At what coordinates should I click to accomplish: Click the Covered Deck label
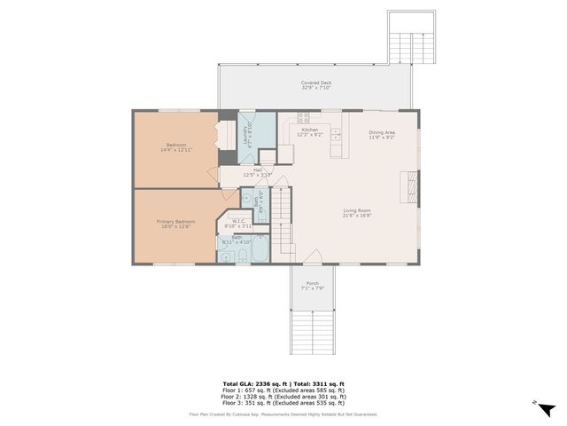[315, 83]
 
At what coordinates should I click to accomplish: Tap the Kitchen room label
[310, 130]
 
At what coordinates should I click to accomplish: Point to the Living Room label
[357, 210]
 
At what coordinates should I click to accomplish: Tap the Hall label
[258, 170]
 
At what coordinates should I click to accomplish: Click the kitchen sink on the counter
[338, 147]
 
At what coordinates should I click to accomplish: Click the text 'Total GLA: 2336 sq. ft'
[257, 384]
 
